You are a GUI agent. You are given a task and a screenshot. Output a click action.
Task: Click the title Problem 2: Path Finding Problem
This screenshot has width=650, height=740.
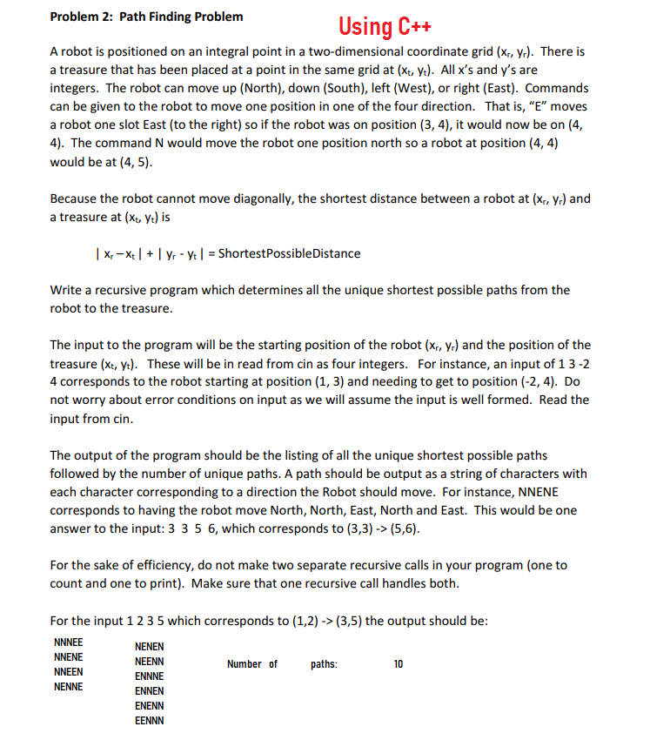click(x=147, y=17)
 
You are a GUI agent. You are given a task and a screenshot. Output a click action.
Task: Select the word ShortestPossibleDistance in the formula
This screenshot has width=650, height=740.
click(x=289, y=253)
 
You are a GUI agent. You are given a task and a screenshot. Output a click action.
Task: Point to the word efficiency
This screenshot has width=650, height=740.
click(x=148, y=565)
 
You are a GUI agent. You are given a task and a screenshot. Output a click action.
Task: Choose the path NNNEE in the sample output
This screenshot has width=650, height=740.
click(x=69, y=643)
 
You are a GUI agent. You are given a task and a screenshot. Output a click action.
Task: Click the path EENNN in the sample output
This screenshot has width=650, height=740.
click(x=150, y=720)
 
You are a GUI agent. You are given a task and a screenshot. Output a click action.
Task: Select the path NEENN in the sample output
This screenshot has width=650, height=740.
click(x=150, y=661)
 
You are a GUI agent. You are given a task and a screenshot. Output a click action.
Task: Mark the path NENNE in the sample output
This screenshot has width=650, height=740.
click(x=69, y=687)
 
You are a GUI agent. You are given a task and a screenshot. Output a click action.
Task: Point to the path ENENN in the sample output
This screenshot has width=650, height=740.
click(x=150, y=705)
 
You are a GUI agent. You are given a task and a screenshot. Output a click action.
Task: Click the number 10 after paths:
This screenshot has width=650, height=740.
click(x=399, y=664)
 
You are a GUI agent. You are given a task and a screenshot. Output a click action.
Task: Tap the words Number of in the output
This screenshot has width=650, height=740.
click(x=252, y=664)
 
